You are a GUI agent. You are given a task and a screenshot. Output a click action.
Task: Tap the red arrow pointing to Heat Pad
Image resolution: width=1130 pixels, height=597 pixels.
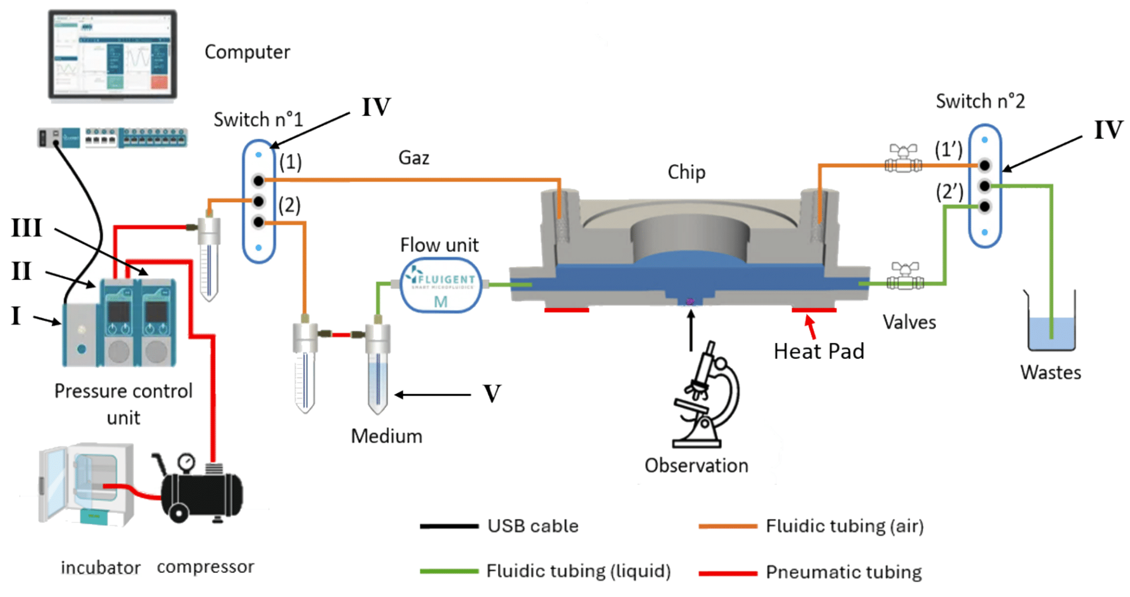pos(810,326)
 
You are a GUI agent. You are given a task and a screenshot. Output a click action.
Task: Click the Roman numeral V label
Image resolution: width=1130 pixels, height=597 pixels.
pos(492,394)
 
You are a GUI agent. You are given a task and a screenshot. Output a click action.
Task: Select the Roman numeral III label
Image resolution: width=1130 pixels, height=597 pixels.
pos(26,228)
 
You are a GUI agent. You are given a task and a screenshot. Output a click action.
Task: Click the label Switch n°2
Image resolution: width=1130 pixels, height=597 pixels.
pos(980,101)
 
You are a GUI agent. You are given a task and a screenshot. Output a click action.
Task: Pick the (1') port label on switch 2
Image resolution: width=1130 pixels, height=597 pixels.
pos(948,149)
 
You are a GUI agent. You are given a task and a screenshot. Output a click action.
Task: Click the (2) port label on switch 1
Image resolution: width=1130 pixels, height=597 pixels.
pos(290,205)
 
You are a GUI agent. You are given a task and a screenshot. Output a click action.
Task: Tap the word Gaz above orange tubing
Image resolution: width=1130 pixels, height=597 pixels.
pos(413,158)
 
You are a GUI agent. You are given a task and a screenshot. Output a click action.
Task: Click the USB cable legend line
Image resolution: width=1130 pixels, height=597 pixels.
pos(449,526)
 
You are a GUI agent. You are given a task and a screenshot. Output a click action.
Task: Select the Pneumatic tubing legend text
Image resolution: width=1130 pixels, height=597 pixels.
pos(843,572)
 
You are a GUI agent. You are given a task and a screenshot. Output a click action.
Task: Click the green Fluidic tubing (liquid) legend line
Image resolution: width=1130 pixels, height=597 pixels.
pos(449,571)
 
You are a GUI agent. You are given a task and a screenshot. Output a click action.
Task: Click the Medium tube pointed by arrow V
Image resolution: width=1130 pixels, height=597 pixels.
pos(378,369)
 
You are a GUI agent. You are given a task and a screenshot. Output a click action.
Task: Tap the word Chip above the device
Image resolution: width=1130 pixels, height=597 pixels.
pos(686,173)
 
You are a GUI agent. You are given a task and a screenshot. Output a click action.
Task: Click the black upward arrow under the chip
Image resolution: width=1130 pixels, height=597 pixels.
pos(690,331)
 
